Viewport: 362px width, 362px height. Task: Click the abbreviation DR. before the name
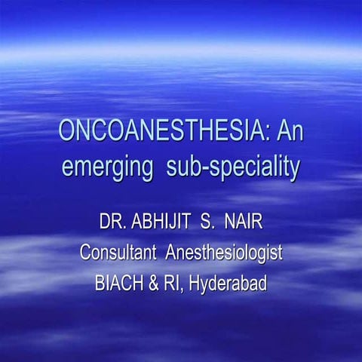pyautogui.click(x=113, y=223)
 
